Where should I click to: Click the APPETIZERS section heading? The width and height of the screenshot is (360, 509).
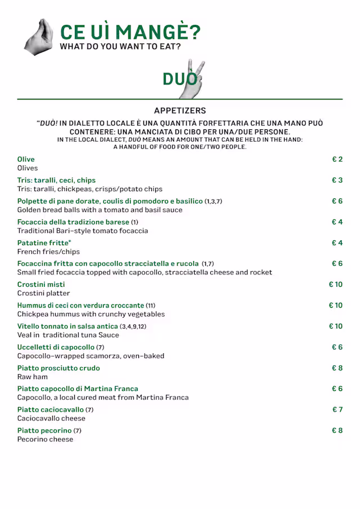click(x=180, y=111)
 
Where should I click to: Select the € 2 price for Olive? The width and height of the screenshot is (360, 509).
click(x=337, y=160)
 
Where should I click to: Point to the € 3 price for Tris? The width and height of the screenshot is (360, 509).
click(x=337, y=181)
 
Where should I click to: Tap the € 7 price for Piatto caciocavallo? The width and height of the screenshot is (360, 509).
click(x=337, y=409)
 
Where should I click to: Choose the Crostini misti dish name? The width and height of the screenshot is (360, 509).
click(x=41, y=285)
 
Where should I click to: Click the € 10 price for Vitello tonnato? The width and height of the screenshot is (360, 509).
click(x=335, y=326)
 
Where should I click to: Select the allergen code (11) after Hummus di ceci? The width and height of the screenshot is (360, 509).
click(x=151, y=305)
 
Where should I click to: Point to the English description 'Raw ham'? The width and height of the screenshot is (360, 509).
click(x=33, y=377)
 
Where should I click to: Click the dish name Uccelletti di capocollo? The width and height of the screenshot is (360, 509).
click(x=56, y=347)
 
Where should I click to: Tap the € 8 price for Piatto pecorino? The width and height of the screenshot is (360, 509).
click(x=337, y=430)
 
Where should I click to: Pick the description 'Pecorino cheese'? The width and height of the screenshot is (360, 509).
click(x=45, y=439)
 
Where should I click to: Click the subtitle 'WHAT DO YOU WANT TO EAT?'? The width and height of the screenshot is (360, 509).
click(x=120, y=47)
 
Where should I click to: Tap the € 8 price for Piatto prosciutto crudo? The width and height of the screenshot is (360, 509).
click(x=337, y=368)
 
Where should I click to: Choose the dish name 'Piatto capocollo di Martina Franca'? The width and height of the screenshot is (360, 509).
click(x=78, y=389)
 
